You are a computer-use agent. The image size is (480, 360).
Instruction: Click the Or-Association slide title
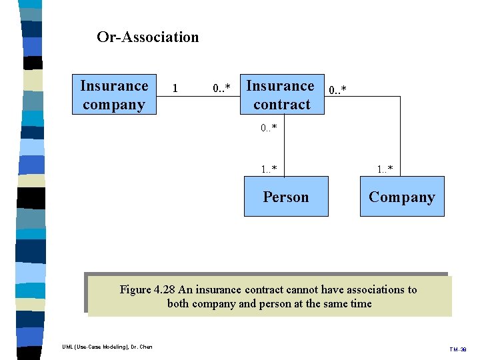click(x=147, y=37)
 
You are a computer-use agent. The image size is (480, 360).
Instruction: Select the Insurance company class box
click(x=114, y=95)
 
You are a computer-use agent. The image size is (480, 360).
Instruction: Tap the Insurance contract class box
click(x=281, y=95)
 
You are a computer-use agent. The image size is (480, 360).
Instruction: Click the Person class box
click(x=286, y=197)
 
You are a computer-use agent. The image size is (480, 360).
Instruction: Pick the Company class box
click(x=401, y=197)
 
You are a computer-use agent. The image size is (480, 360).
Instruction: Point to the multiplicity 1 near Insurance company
click(x=175, y=88)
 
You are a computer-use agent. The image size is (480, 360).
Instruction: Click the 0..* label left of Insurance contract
click(x=222, y=88)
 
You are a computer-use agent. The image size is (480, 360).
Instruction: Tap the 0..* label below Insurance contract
click(x=269, y=127)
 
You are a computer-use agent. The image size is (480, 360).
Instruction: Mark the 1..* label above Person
click(x=269, y=169)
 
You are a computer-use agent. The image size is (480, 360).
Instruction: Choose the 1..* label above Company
click(x=385, y=169)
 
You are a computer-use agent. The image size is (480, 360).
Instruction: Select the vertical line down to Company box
click(x=401, y=137)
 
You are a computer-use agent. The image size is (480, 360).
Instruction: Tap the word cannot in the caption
click(x=303, y=290)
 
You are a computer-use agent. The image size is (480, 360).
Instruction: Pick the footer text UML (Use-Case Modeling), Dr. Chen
click(x=107, y=347)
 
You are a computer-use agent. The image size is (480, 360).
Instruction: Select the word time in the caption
click(x=360, y=304)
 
